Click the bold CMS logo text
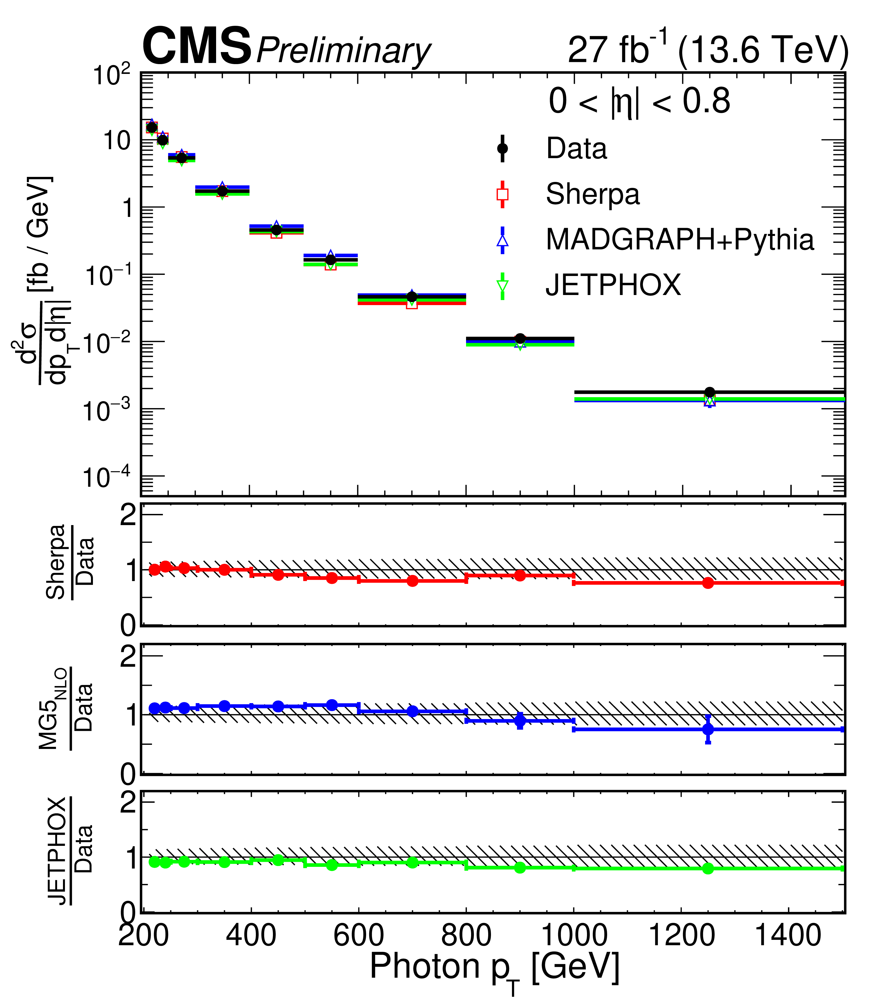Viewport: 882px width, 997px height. click(196, 47)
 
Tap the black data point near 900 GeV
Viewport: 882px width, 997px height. click(520, 338)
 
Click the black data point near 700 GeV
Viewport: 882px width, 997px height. click(412, 297)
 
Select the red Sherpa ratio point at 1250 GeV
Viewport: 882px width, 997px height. click(708, 583)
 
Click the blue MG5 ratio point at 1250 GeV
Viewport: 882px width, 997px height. click(708, 729)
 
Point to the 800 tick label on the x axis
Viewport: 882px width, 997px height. click(466, 935)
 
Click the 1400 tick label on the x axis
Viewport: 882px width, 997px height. click(788, 935)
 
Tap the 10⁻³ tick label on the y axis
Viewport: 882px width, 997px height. click(106, 409)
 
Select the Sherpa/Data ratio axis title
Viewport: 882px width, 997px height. click(70, 562)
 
